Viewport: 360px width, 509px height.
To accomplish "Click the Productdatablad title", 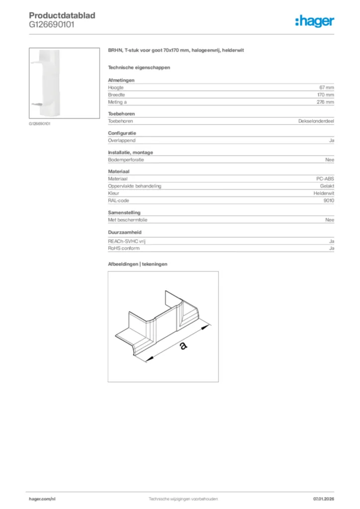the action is coord(62,15).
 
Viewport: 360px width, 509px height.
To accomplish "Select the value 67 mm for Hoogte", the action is coord(326,87).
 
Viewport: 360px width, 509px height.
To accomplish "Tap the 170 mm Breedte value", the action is coord(325,94).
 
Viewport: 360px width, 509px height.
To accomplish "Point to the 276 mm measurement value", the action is coord(325,102).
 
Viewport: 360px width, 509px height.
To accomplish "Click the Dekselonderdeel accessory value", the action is coord(316,121).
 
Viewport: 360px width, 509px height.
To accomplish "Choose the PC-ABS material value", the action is coord(325,178).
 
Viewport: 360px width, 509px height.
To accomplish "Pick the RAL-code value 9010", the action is coord(328,200).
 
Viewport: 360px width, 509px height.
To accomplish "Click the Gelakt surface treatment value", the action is coord(326,186).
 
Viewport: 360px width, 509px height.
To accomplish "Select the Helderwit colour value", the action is coord(324,193).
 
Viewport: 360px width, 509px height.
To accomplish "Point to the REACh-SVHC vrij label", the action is coord(127,241).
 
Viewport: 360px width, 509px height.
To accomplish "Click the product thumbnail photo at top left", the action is coord(50,83).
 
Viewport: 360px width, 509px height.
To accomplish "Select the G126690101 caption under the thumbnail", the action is coord(39,124).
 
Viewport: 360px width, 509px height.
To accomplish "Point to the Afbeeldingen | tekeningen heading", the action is coord(138,264).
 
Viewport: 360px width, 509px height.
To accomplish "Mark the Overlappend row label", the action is coord(121,141).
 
